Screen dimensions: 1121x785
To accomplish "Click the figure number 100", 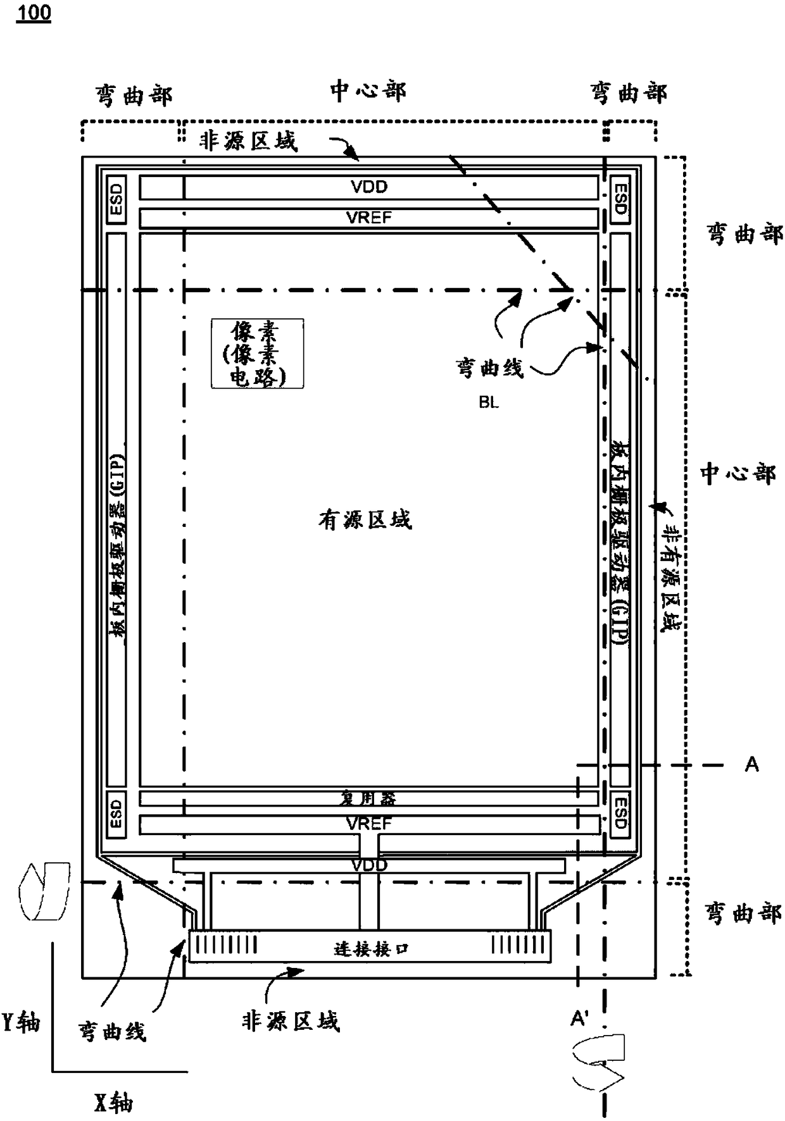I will tap(34, 13).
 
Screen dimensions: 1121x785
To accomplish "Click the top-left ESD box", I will tap(116, 199).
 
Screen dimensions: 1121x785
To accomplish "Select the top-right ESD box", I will tap(620, 199).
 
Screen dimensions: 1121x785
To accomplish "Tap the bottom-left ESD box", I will tap(116, 812).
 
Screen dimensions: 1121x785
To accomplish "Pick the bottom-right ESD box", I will tap(620, 812).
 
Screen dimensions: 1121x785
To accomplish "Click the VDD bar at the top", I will tap(369, 187).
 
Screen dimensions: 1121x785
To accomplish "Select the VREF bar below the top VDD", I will tap(369, 218).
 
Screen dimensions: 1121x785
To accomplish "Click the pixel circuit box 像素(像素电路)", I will tap(257, 353).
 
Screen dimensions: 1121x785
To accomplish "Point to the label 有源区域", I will tap(365, 520).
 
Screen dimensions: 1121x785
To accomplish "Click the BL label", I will tap(489, 402).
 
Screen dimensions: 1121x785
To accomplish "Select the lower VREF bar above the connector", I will tap(369, 824).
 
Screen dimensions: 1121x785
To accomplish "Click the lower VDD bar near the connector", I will tap(369, 865).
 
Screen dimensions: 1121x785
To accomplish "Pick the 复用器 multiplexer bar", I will tap(369, 798).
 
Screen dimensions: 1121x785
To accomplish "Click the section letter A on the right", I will tap(751, 764).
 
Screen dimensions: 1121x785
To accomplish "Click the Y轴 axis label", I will tap(22, 1022).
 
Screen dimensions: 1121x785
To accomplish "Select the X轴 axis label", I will tap(114, 1103).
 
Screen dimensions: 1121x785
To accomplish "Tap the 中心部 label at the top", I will tap(368, 92).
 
